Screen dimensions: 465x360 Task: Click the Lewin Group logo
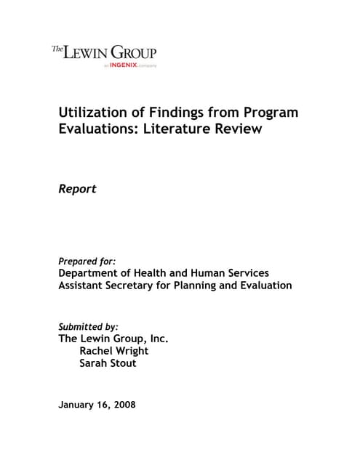(104, 53)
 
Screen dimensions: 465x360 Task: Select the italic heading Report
(77, 190)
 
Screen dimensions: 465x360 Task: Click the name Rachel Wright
(114, 351)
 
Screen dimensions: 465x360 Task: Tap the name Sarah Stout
(108, 363)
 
